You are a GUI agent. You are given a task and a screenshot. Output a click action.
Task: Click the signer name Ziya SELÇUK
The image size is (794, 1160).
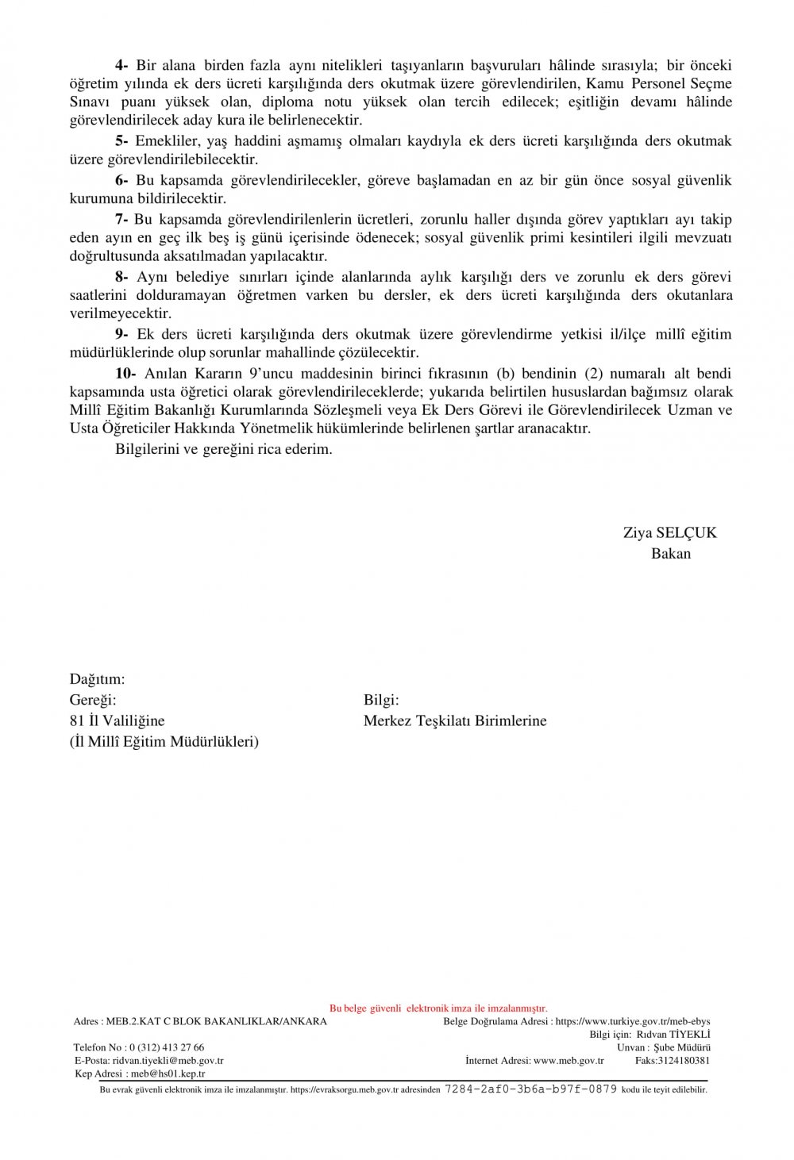pyautogui.click(x=669, y=532)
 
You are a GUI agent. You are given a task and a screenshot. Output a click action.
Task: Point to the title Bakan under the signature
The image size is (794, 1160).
pyautogui.click(x=671, y=553)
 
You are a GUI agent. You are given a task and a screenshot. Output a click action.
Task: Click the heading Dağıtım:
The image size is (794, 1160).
pyautogui.click(x=97, y=679)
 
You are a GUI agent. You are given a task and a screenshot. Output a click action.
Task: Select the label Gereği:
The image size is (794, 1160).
pyautogui.click(x=93, y=700)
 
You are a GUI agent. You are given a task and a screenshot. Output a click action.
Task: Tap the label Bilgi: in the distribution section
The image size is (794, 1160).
pyautogui.click(x=381, y=700)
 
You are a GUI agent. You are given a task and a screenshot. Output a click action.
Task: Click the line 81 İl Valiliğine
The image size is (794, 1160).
pyautogui.click(x=117, y=720)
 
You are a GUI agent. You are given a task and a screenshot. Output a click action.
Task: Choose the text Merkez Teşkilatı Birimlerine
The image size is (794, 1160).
pyautogui.click(x=455, y=720)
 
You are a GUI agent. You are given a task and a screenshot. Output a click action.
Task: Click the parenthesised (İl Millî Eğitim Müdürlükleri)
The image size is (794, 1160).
pyautogui.click(x=164, y=741)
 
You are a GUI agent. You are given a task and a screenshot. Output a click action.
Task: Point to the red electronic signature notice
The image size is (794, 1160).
pyautogui.click(x=438, y=1008)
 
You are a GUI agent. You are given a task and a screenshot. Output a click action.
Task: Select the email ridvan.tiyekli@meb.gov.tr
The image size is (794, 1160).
pyautogui.click(x=168, y=1060)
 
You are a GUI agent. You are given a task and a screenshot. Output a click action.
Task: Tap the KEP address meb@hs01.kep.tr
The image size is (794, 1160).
pyautogui.click(x=168, y=1074)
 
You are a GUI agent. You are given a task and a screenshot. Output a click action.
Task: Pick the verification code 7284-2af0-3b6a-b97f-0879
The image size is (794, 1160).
pyautogui.click(x=530, y=1089)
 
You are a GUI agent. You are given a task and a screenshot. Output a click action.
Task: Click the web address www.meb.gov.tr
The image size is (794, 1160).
pyautogui.click(x=569, y=1060)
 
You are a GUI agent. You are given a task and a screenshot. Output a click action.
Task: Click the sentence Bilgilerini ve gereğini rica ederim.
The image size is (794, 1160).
pyautogui.click(x=223, y=448)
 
